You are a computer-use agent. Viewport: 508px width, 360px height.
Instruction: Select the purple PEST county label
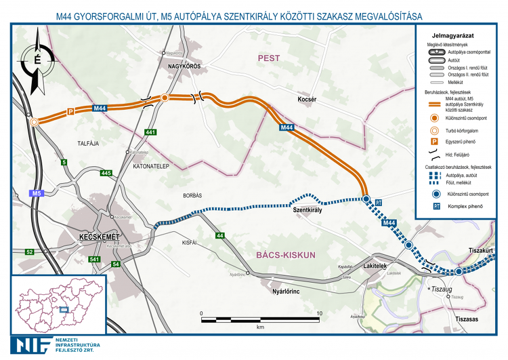pyautogui.click(x=268, y=59)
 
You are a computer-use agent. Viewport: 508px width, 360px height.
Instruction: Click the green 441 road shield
pyautogui.click(x=150, y=132)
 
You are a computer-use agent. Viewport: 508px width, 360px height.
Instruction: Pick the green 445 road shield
pyautogui.click(x=105, y=174)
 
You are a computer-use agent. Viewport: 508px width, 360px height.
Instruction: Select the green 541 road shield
pyautogui.click(x=95, y=260)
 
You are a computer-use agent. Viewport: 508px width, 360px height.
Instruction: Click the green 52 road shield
pyautogui.click(x=30, y=252)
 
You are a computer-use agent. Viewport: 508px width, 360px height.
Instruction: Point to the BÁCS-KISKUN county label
pyautogui.click(x=287, y=255)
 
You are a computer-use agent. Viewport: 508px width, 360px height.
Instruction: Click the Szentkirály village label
pyautogui.click(x=306, y=211)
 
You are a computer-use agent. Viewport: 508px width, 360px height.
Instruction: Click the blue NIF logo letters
pyautogui.click(x=28, y=344)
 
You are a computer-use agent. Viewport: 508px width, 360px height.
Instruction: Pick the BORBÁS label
pyautogui.click(x=192, y=195)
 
